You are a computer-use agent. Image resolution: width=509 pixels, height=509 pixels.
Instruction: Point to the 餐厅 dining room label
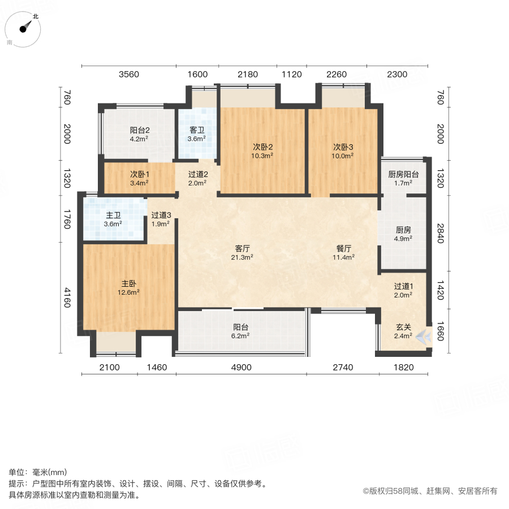[x=344, y=252]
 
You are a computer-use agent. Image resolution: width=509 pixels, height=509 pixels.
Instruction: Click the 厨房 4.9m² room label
[x=403, y=234]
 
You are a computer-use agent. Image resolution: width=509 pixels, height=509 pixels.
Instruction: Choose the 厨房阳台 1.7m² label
[x=403, y=179]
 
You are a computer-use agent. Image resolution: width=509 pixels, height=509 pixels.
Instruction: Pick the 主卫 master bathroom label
[x=113, y=219]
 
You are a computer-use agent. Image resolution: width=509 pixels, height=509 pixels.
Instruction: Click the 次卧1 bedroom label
[x=139, y=178]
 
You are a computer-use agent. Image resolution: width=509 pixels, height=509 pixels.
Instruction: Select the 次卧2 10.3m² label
[x=263, y=150]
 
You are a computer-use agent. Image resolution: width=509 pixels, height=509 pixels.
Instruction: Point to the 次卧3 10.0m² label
[x=343, y=150]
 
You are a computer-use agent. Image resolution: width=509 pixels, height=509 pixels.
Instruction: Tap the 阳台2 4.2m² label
[x=139, y=133]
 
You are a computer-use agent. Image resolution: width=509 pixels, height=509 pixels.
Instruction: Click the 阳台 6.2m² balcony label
[x=241, y=331]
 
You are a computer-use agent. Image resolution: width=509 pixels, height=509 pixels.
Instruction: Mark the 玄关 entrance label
[x=403, y=331]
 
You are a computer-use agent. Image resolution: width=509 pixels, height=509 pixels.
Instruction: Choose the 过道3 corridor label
[x=161, y=219]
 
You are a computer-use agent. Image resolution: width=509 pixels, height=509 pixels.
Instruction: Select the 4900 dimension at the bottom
[x=241, y=368]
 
